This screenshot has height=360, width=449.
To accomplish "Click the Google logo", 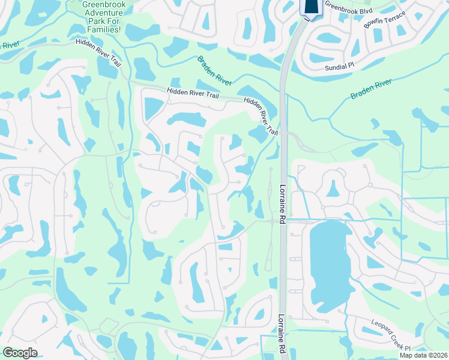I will tap(20, 353).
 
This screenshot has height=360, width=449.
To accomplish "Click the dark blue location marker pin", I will tap(310, 6).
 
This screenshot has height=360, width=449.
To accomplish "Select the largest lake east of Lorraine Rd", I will tap(327, 264).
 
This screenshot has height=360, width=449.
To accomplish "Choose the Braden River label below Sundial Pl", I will tap(371, 89).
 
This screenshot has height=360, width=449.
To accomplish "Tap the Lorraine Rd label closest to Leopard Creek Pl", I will tap(282, 334).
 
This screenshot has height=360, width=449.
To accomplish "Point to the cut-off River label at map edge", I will tap(8, 44).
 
